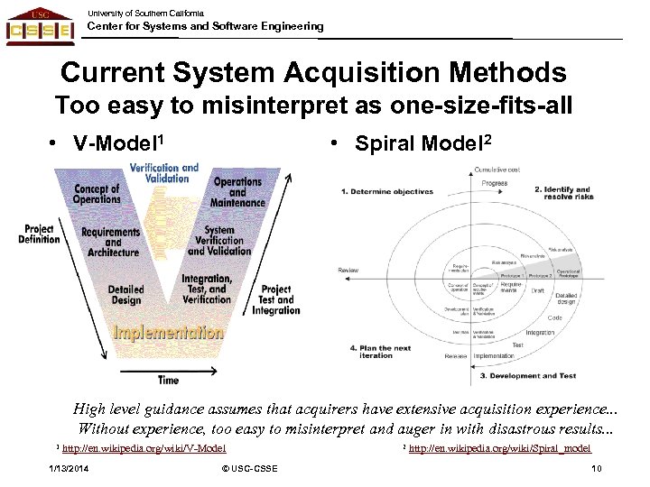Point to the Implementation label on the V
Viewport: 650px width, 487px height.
168,332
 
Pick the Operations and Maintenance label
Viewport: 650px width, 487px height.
237,192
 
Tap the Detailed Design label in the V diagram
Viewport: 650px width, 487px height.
126,294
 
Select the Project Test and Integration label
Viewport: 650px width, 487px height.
275,300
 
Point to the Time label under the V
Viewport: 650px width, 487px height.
168,380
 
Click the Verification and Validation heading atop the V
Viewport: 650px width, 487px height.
164,172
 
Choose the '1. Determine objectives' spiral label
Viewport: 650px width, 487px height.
387,191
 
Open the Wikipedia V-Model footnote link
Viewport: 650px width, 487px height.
144,448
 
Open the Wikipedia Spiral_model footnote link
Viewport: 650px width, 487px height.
499,448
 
